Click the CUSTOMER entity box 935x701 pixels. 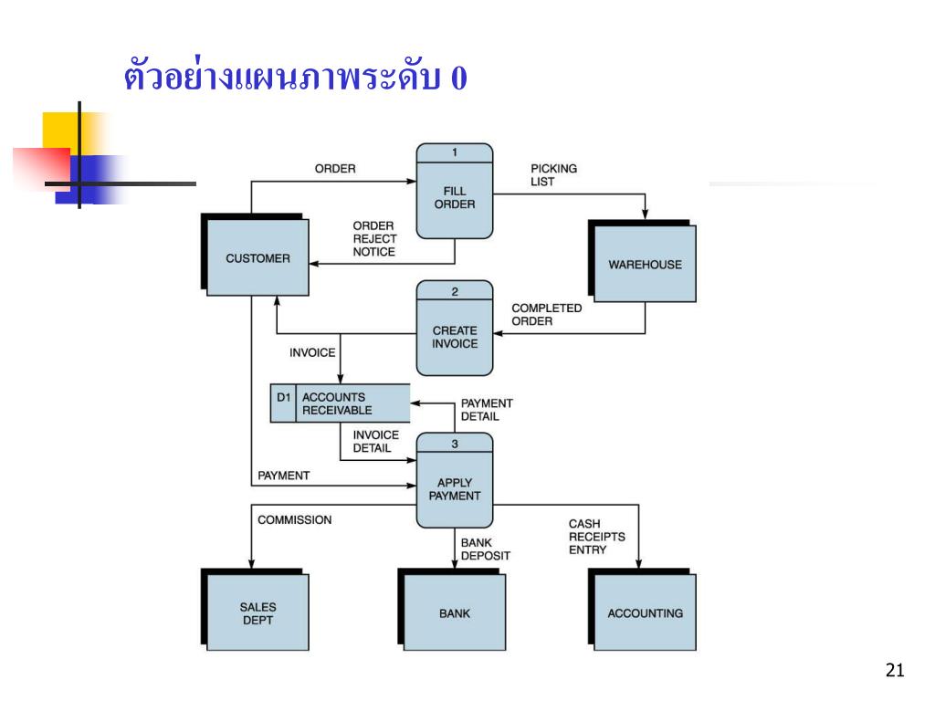pos(257,258)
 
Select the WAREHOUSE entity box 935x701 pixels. pos(645,264)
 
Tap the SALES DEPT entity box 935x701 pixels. pos(257,612)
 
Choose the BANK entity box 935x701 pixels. pos(454,612)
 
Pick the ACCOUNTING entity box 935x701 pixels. pos(645,612)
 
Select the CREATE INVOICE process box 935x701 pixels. pos(455,336)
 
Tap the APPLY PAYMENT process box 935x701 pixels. pos(455,488)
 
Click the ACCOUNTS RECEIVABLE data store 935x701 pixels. pos(352,403)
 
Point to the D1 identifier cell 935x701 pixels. pos(283,403)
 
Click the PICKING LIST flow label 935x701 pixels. pos(553,174)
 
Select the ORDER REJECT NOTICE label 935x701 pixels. pos(374,239)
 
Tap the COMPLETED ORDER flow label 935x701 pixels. pos(546,314)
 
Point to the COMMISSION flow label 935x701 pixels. pos(294,519)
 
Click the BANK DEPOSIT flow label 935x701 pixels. pos(485,549)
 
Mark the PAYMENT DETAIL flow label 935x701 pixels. pos(486,409)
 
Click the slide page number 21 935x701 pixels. pos(894,671)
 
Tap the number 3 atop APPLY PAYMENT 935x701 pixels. pos(455,444)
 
